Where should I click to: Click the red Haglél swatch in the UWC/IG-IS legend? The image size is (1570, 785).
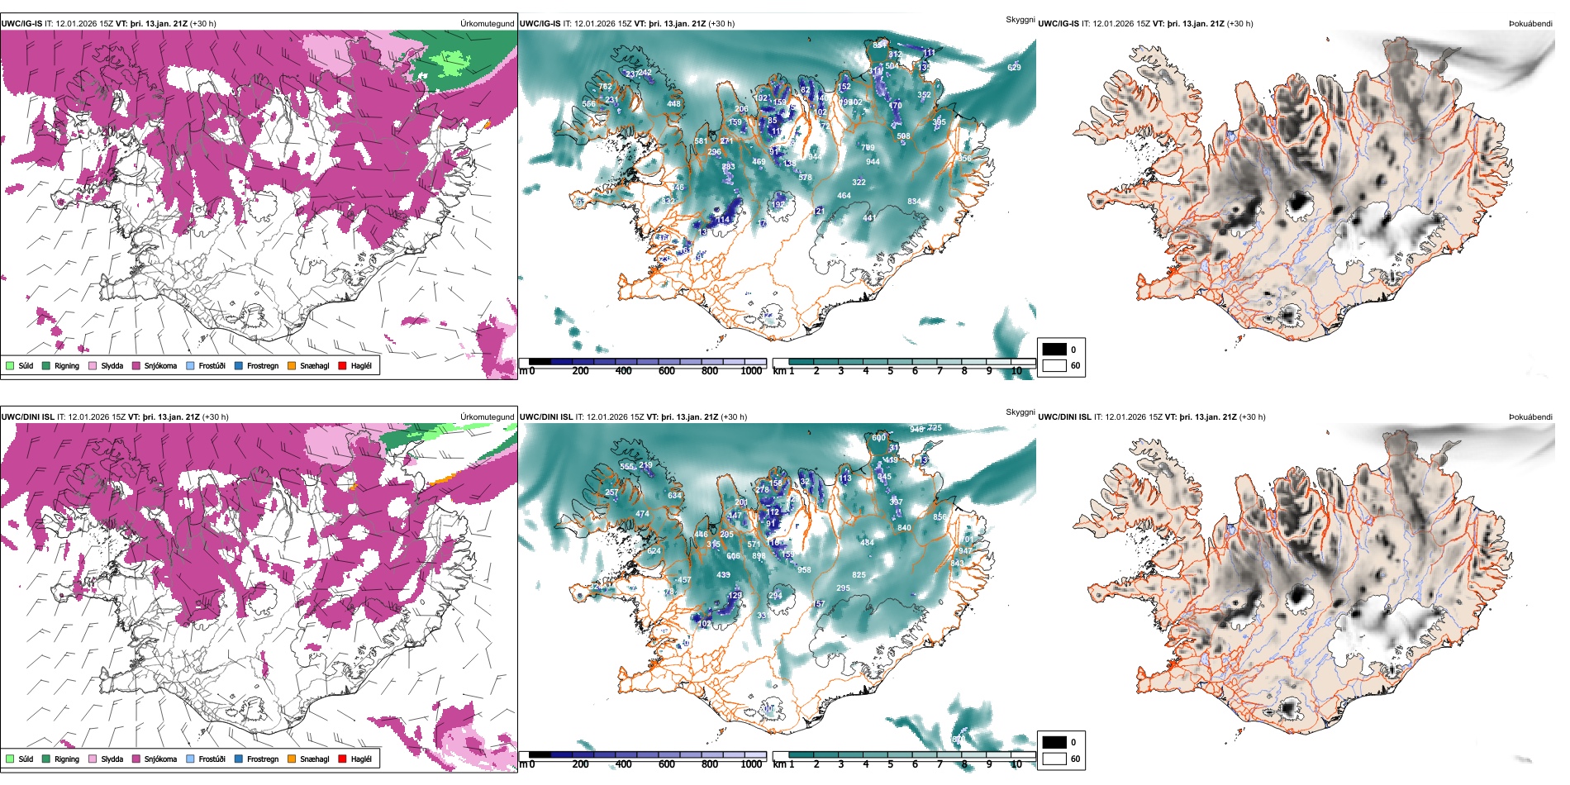[x=342, y=365]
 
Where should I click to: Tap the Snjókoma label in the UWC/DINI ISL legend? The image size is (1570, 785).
[x=160, y=759]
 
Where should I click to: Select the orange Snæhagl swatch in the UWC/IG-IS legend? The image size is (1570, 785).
[x=292, y=365]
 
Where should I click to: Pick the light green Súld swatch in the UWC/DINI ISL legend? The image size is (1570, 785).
[x=10, y=759]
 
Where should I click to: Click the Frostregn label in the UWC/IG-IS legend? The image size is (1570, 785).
[x=263, y=365]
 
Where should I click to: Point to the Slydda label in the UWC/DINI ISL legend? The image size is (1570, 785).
[x=112, y=759]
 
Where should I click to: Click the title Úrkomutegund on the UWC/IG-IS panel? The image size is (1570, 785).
[x=487, y=24]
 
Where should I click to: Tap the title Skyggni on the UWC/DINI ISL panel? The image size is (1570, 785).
[x=1020, y=412]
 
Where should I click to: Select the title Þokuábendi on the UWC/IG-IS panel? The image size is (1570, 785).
[x=1530, y=24]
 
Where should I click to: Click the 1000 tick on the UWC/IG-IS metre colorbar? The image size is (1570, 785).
[x=751, y=371]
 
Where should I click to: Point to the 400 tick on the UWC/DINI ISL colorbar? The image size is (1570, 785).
[x=623, y=764]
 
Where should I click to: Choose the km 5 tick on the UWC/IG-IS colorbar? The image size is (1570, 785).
[x=890, y=371]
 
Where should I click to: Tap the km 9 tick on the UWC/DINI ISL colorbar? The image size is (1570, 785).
[x=989, y=764]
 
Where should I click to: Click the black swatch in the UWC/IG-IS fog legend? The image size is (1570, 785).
[x=1054, y=350]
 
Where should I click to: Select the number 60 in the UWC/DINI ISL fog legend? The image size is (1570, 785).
[x=1075, y=759]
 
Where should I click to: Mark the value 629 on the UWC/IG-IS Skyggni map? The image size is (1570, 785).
[x=1014, y=68]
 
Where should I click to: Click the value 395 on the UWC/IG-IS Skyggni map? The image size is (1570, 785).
[x=939, y=122]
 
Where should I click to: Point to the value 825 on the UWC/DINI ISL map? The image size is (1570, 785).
[x=859, y=575]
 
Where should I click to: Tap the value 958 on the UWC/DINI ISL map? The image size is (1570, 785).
[x=804, y=569]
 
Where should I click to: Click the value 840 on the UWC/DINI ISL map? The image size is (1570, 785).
[x=904, y=527]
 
